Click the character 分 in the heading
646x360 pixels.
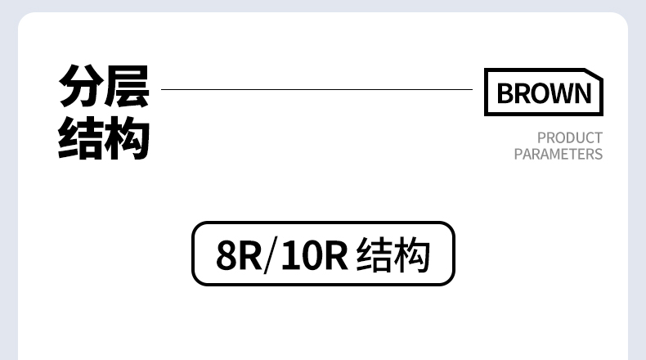[81, 86]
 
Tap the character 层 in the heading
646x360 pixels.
[127, 86]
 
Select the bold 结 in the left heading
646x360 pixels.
[80, 138]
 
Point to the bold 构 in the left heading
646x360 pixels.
[127, 138]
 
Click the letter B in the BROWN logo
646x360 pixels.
[505, 93]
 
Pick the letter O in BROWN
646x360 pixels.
[541, 93]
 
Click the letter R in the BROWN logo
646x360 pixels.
[523, 93]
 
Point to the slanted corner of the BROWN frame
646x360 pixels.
[594, 73]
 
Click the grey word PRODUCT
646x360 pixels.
[570, 137]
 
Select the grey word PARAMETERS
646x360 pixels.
[559, 154]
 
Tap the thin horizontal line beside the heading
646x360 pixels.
[316, 89]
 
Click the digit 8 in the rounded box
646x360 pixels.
[227, 255]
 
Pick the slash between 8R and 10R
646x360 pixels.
[269, 255]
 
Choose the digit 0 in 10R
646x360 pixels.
[309, 255]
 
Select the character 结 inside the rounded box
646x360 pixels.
[374, 254]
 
